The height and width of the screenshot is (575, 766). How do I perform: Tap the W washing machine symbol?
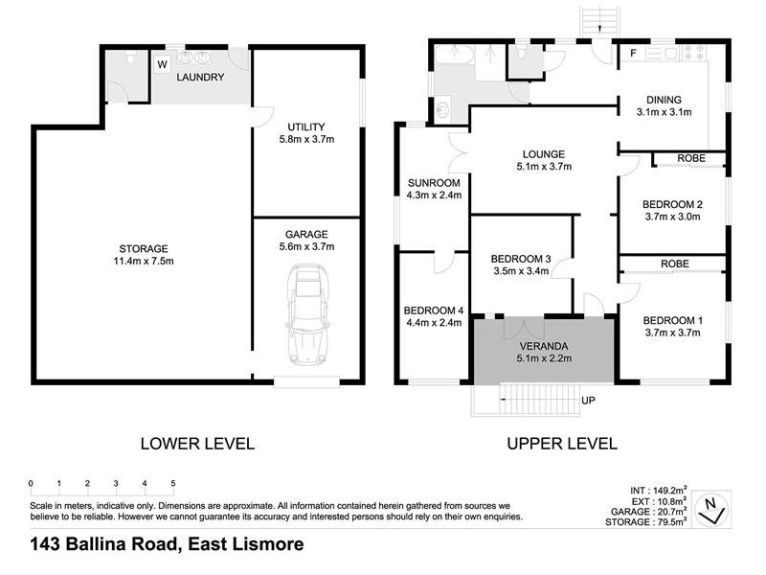pyautogui.click(x=162, y=65)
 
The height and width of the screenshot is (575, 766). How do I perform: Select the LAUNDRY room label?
pyautogui.click(x=202, y=78)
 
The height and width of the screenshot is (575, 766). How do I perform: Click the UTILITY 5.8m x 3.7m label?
pyautogui.click(x=306, y=133)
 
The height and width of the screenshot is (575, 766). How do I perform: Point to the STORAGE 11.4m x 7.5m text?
pyautogui.click(x=145, y=254)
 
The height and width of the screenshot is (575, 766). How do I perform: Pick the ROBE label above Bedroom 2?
pyautogui.click(x=690, y=158)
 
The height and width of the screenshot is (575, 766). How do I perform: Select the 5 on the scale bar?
pyautogui.click(x=172, y=482)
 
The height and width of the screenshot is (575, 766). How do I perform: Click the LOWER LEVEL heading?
pyautogui.click(x=197, y=444)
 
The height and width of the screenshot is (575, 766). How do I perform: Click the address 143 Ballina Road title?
pyautogui.click(x=168, y=544)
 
